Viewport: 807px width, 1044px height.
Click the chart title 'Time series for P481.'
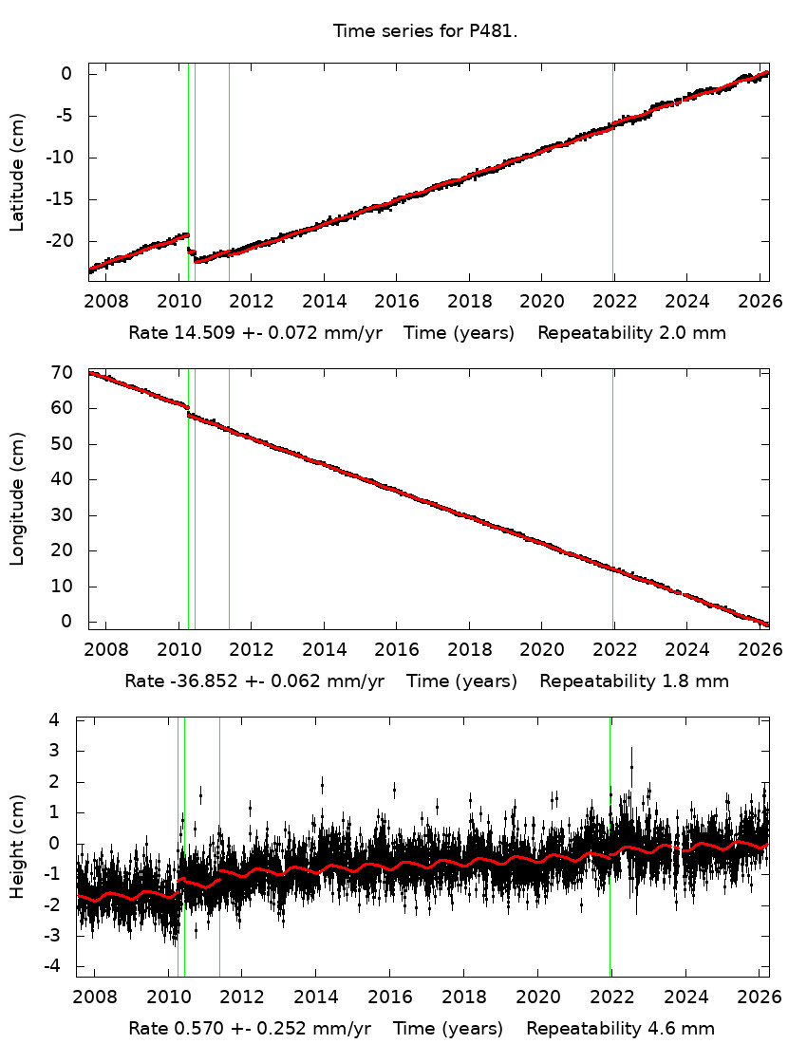pyautogui.click(x=424, y=31)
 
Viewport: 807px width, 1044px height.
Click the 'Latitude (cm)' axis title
pyautogui.click(x=17, y=172)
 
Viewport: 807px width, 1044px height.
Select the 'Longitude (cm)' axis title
pyautogui.click(x=17, y=498)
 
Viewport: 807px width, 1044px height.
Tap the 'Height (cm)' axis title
pyautogui.click(x=17, y=847)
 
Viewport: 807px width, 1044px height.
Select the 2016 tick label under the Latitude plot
pyautogui.click(x=397, y=303)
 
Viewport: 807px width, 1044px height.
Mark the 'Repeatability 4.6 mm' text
pyautogui.click(x=620, y=1029)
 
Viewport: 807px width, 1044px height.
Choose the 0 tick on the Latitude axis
pyautogui.click(x=67, y=74)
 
